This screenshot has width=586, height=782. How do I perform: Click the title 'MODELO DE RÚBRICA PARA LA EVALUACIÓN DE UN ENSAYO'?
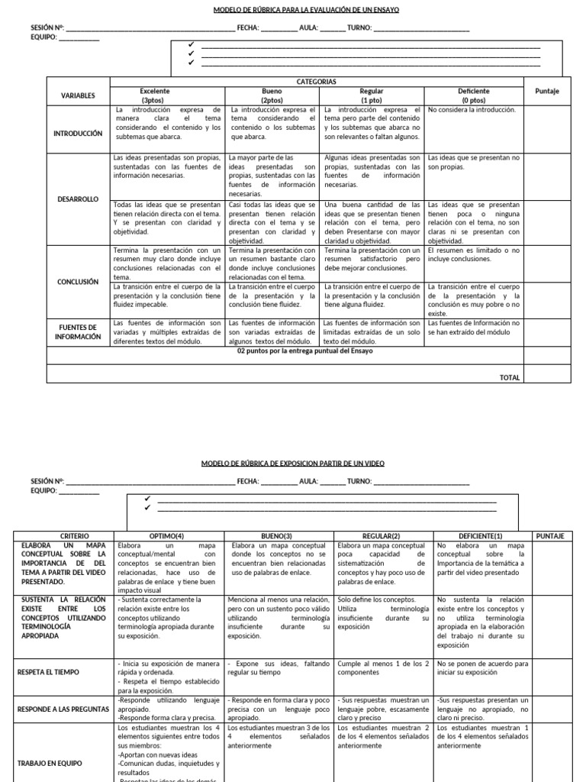point(294,10)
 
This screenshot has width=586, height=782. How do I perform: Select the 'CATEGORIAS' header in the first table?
point(317,81)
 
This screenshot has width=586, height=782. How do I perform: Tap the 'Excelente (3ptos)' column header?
point(155,95)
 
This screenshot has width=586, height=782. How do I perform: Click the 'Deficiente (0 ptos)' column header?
point(473,95)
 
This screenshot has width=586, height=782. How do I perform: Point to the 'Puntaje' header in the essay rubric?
point(546,91)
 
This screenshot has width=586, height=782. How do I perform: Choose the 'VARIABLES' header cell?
point(78,95)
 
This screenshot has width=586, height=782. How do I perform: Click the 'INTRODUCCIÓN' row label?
point(78,133)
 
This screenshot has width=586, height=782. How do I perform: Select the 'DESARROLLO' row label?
point(78,199)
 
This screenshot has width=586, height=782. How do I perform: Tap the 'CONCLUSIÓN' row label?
point(78,282)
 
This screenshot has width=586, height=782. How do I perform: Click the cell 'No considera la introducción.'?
point(472,110)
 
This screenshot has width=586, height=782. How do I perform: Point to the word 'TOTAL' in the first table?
point(509,377)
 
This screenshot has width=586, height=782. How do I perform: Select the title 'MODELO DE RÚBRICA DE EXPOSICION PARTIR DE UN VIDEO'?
point(293,464)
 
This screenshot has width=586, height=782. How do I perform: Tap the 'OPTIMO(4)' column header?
point(169,536)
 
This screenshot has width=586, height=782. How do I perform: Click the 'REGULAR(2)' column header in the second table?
point(382,536)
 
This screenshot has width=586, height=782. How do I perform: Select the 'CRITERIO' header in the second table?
point(63,536)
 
